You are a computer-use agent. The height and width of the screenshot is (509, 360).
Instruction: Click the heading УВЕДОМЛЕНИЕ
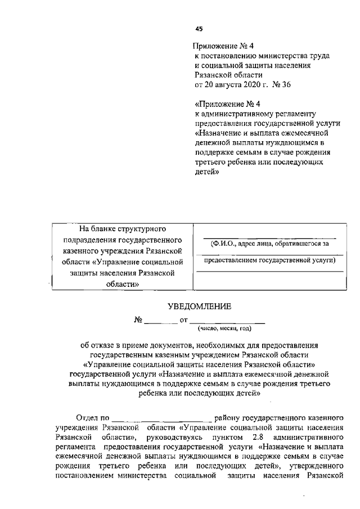coord(200,306)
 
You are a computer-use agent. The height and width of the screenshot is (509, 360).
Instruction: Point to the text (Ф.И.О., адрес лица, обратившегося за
coord(269,244)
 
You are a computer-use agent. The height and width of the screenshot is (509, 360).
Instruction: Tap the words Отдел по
coord(92,418)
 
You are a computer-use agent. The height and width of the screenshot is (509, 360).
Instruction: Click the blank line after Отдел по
coord(161,419)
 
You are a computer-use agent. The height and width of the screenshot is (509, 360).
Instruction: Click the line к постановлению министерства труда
coord(262,56)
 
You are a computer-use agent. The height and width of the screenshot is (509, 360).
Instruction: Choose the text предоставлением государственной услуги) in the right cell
coord(269,260)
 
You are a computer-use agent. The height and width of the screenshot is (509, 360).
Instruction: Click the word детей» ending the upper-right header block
coord(206,172)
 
